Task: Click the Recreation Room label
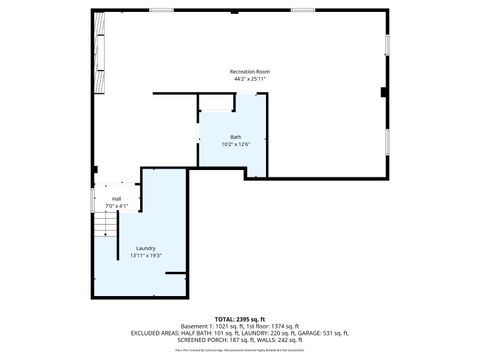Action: pos(249,72)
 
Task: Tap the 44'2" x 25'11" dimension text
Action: pos(249,80)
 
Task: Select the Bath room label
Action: pos(236,137)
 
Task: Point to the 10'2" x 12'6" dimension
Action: pos(236,145)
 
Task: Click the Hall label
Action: pos(117,199)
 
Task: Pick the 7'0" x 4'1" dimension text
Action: pos(117,206)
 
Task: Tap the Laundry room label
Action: pos(146,248)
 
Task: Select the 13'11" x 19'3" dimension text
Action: pos(146,256)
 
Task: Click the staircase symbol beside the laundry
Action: pos(105,228)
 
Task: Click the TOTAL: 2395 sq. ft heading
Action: pos(239,318)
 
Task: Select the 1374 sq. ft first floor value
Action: pos(282,326)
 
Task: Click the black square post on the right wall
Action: pos(383,93)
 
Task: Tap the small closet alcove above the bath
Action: pos(216,103)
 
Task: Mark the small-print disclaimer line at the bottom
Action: pos(239,351)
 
